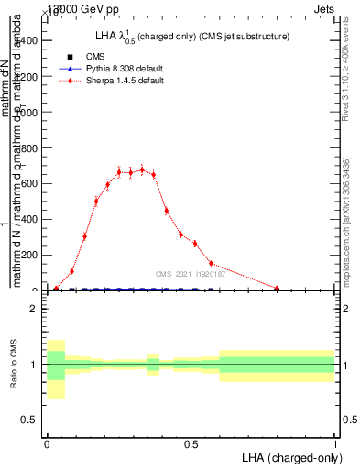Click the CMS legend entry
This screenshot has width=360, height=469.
[82, 56]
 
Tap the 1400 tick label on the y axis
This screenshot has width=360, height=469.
[27, 40]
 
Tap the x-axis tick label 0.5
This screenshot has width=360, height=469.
[191, 443]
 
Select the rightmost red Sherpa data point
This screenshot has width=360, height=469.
[277, 288]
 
